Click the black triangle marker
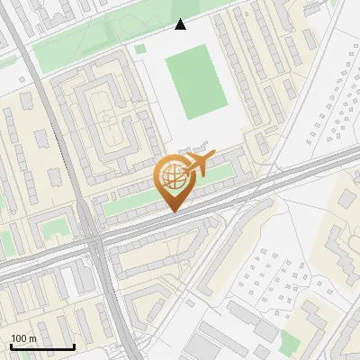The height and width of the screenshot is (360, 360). coord(181,24)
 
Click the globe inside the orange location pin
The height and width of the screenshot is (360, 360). coord(172,176)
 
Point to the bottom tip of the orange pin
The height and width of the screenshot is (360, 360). coord(172,212)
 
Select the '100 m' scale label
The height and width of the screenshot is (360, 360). coord(24,338)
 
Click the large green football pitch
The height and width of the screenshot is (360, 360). coord(195,83)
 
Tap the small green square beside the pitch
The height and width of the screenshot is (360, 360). coord(140,49)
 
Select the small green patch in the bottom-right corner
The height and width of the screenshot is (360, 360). coord(289,342)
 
